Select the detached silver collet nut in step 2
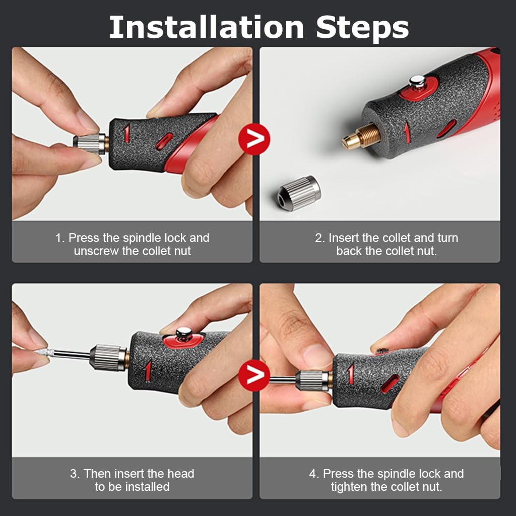[x=299, y=193]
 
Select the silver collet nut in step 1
[x=90, y=144]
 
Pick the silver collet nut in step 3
[x=107, y=357]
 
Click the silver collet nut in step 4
[x=312, y=380]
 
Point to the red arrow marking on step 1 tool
[x=126, y=133]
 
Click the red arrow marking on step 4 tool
[x=351, y=374]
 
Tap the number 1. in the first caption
[x=60, y=238]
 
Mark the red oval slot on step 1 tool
[x=164, y=142]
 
